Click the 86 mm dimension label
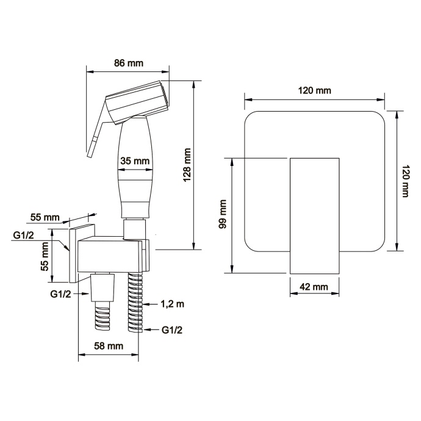pos(129,63)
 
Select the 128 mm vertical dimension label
pos(187,165)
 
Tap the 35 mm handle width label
pos(135,161)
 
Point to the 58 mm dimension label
pos(109,346)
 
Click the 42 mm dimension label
pos(314,287)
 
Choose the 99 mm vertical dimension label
pos(223,214)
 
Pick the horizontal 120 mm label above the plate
pos(314,90)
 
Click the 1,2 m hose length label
pos(173,304)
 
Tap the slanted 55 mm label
pos(45,217)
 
